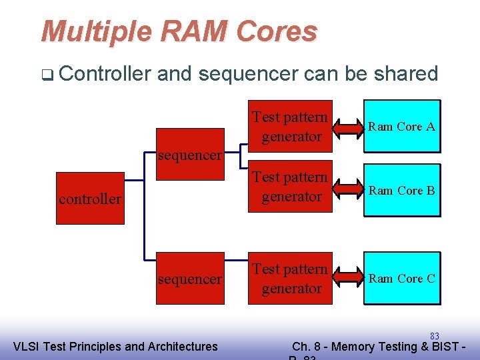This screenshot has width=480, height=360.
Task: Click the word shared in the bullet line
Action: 405,73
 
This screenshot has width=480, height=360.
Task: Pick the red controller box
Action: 90,198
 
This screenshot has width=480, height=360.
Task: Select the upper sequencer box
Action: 190,155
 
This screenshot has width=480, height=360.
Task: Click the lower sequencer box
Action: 190,279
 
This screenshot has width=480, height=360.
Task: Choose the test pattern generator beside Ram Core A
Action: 291,127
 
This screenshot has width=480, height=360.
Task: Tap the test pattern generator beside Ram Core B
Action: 291,187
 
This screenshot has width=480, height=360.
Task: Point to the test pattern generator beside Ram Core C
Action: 291,279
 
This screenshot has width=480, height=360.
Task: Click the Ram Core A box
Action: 401,126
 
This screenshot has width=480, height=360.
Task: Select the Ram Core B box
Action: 401,190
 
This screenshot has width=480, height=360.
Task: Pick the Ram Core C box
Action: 401,278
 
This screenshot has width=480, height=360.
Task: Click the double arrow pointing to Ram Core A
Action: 347,126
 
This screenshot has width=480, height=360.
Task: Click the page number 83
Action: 435,336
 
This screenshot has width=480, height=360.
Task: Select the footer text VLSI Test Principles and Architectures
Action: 115,346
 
